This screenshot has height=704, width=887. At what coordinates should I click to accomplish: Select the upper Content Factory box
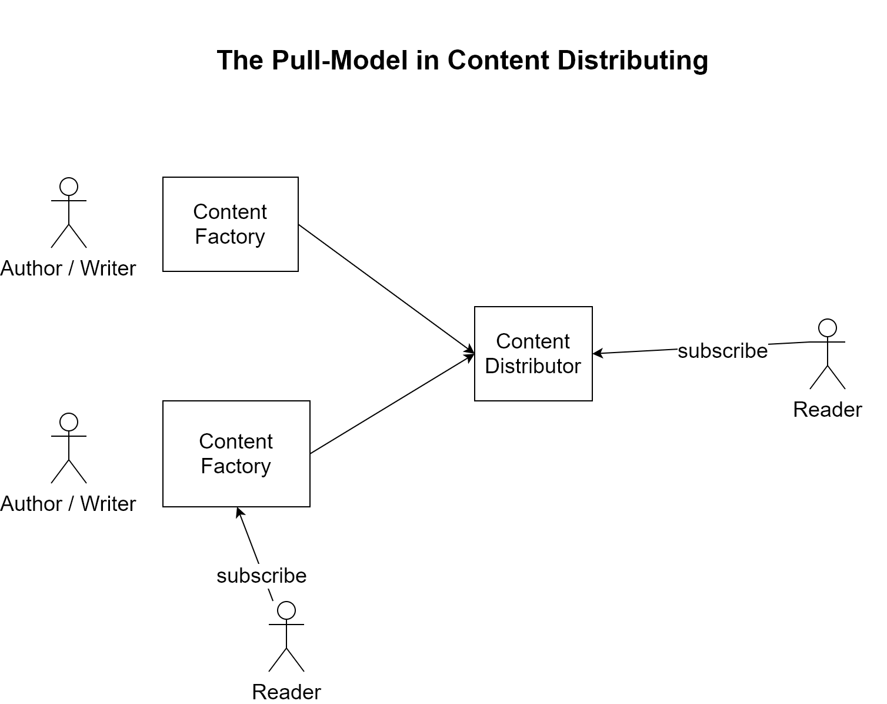[230, 224]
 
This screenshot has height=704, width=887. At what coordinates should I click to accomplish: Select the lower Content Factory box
[236, 454]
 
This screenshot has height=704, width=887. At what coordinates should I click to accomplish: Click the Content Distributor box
[533, 354]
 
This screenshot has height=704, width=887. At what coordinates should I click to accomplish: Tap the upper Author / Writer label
[68, 269]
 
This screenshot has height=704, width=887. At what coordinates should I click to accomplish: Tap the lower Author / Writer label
[68, 504]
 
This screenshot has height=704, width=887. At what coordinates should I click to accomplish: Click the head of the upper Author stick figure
[69, 187]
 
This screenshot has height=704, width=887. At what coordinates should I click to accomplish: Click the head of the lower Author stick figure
[69, 422]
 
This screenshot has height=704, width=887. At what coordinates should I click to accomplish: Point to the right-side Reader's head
[828, 328]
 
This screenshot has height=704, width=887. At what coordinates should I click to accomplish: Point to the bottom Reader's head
[286, 610]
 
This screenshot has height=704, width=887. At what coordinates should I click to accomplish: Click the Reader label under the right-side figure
[827, 410]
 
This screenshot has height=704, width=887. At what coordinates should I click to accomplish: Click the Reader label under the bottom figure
[286, 692]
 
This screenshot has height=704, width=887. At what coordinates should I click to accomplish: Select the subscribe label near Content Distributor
[722, 351]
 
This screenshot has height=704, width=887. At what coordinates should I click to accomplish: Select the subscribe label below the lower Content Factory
[262, 576]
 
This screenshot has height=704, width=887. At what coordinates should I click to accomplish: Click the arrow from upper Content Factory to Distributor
[385, 288]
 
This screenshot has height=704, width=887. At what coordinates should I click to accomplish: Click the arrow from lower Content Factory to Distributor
[391, 404]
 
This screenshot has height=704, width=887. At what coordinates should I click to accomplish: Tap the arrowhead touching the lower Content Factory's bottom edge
[239, 512]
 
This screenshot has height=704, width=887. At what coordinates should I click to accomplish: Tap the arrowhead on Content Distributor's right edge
[598, 353]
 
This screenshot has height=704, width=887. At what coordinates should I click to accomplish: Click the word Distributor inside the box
[533, 366]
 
